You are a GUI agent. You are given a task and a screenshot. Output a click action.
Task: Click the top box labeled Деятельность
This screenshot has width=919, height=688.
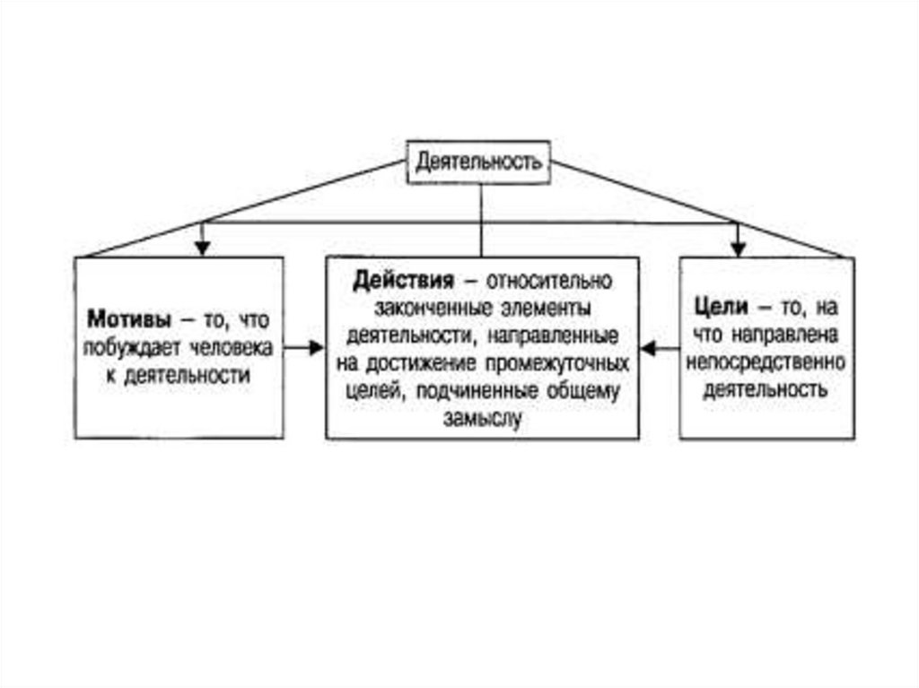pyautogui.click(x=479, y=162)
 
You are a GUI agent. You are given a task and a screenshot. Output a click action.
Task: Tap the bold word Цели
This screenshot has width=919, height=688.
pyautogui.click(x=722, y=307)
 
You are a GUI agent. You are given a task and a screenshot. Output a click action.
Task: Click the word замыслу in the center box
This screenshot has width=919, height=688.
pyautogui.click(x=482, y=417)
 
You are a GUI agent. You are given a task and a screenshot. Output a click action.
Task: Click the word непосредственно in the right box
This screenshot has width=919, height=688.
pyautogui.click(x=766, y=362)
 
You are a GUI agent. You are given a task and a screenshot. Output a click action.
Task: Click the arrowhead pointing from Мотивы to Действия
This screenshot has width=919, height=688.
pyautogui.click(x=315, y=347)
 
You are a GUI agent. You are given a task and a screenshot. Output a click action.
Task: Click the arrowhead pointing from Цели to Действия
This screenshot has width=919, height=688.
pyautogui.click(x=649, y=348)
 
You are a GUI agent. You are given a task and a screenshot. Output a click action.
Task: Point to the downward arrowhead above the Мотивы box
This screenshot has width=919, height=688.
pyautogui.click(x=203, y=247)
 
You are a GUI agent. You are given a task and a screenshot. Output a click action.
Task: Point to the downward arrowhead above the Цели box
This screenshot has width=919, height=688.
pyautogui.click(x=738, y=247)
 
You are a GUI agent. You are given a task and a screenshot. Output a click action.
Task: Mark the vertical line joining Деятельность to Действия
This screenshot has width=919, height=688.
pyautogui.click(x=482, y=220)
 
